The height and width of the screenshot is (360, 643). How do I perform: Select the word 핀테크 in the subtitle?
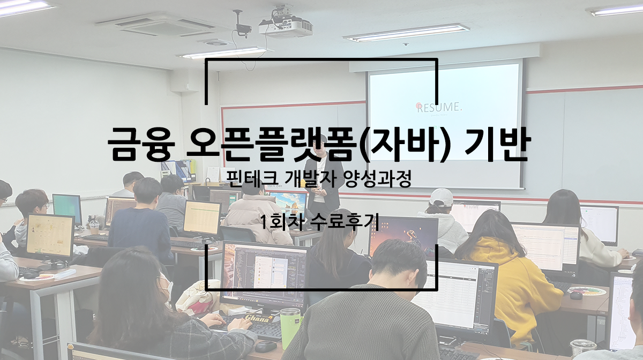coord(252,179)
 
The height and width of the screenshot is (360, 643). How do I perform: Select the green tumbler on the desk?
coord(290,328)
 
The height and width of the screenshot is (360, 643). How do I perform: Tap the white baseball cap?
coord(441,197)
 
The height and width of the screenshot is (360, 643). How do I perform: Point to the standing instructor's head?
coord(320,144)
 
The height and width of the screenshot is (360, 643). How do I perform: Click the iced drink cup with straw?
coord(94,226)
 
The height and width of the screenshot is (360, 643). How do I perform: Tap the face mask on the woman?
coord(168,287)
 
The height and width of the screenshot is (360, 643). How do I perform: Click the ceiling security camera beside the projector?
coord(243,25)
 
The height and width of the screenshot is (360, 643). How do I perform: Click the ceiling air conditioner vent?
coord(166,25)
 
